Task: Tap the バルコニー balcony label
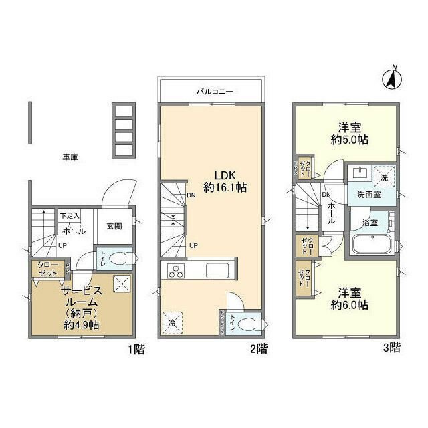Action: pos(214,90)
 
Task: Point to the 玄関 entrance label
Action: pos(114,226)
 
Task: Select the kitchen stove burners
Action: pos(176,272)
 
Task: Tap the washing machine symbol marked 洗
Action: pos(383,177)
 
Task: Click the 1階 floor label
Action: pos(135,348)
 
